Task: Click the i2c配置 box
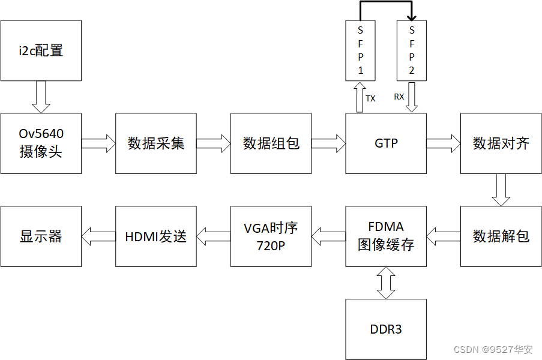(41, 50)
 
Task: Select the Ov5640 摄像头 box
(41, 143)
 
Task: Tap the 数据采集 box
(156, 143)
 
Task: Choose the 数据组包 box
(271, 143)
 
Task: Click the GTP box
(386, 143)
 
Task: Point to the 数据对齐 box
(501, 143)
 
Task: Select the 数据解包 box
(501, 236)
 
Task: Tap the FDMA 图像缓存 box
(386, 236)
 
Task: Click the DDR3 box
(386, 329)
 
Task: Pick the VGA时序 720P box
(271, 236)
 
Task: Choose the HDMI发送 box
(156, 236)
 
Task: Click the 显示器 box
(41, 236)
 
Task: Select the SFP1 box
(361, 50)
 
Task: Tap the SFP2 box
(412, 50)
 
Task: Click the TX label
(370, 99)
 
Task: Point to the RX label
(399, 97)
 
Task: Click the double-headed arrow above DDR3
(386, 283)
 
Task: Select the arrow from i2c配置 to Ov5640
(41, 97)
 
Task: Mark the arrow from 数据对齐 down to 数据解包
(501, 190)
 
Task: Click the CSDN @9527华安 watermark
(493, 349)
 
